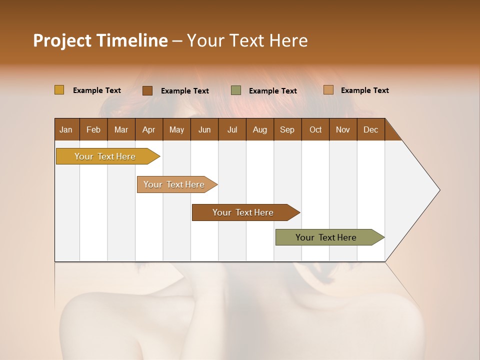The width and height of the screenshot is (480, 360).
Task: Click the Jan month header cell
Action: [66, 129]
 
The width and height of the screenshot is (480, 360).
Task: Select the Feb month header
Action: [93, 129]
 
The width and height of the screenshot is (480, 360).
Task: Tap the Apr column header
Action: [149, 129]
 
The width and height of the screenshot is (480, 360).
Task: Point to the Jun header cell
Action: [204, 129]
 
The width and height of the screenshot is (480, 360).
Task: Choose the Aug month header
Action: [260, 129]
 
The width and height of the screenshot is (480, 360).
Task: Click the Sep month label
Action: [287, 129]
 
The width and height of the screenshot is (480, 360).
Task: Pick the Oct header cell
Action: [315, 129]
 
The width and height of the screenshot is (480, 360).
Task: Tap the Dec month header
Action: [371, 129]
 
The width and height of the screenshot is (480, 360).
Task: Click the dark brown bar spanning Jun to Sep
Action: [243, 212]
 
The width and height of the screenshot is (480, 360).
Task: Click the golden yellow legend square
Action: [59, 90]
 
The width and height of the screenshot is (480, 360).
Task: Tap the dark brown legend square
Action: [147, 90]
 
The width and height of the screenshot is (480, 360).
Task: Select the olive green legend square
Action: [236, 90]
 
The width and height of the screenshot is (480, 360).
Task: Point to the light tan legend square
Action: [328, 90]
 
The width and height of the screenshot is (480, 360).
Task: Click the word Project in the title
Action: [62, 40]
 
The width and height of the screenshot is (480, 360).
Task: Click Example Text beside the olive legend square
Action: [273, 91]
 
